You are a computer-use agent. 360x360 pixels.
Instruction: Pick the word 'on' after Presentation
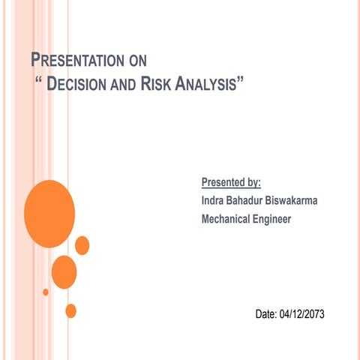click(x=136, y=61)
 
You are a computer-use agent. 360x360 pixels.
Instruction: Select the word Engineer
click(x=273, y=219)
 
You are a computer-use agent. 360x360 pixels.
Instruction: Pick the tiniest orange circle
click(x=46, y=292)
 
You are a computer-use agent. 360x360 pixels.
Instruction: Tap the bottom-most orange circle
click(x=71, y=310)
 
